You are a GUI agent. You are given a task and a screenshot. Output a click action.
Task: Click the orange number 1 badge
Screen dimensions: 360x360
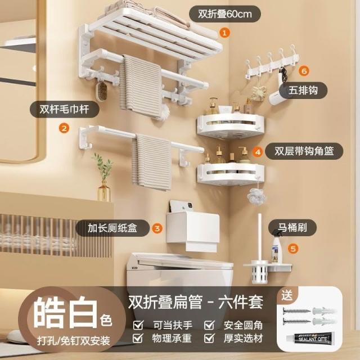224,33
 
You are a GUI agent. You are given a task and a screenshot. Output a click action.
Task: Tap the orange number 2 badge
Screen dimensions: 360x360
64,128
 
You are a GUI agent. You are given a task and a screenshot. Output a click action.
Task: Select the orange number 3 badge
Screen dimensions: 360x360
157,228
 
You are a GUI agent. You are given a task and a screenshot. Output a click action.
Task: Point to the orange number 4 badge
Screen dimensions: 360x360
258,152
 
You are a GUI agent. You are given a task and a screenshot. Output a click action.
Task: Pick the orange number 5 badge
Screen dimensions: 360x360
292,249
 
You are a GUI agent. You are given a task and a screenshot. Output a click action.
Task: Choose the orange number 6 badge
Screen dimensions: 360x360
304,71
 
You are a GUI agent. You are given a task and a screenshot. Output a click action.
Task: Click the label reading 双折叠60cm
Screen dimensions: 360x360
225,14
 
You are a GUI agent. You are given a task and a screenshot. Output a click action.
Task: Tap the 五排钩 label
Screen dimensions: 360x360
303,90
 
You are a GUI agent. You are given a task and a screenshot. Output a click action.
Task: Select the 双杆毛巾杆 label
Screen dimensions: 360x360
64,109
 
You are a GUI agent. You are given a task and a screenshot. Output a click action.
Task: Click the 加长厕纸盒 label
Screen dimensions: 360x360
112,228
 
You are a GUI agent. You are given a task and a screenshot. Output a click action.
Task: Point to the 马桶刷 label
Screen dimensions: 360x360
292,228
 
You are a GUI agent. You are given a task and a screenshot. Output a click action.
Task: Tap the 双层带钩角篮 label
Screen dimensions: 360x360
304,151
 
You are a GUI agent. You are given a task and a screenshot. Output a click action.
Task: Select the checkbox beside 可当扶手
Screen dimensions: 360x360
138,325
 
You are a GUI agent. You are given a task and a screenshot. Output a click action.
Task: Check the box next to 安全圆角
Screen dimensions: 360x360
209,325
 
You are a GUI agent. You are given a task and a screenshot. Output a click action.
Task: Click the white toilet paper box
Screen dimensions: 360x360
192,231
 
